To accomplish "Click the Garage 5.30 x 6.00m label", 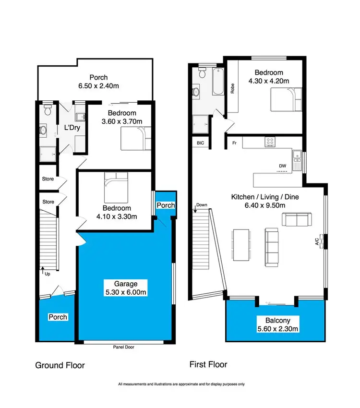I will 125,288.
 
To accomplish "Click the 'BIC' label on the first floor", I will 200,143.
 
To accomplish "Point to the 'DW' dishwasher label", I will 283,166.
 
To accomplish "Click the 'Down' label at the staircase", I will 201,205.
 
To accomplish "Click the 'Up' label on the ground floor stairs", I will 47,274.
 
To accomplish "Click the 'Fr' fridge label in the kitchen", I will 234,143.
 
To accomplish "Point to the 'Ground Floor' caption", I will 60,365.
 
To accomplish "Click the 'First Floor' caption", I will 208,364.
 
